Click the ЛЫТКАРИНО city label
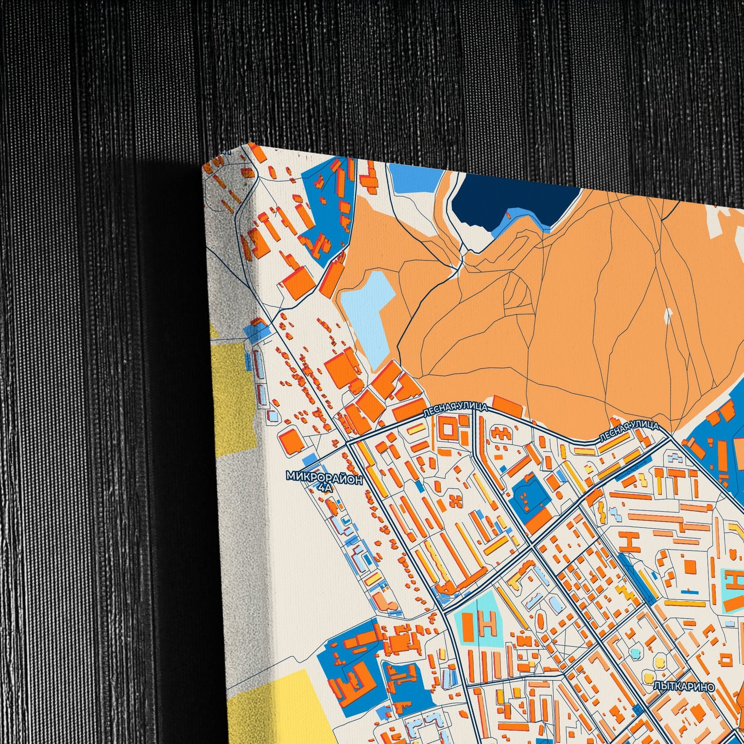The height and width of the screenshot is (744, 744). (684, 686)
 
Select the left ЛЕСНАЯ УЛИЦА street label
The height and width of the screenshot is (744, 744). (455, 410)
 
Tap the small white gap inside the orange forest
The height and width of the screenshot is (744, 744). (668, 316)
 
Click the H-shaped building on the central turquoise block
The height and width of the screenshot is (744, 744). (487, 623)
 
